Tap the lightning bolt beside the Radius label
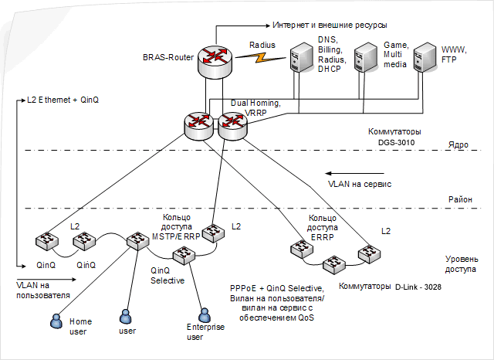pos(264,57)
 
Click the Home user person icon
pos(56,319)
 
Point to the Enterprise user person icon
pos(204,315)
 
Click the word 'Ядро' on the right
pos(458,144)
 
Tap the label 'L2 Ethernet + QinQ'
pos(63,100)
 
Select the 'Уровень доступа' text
pos(461,264)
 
